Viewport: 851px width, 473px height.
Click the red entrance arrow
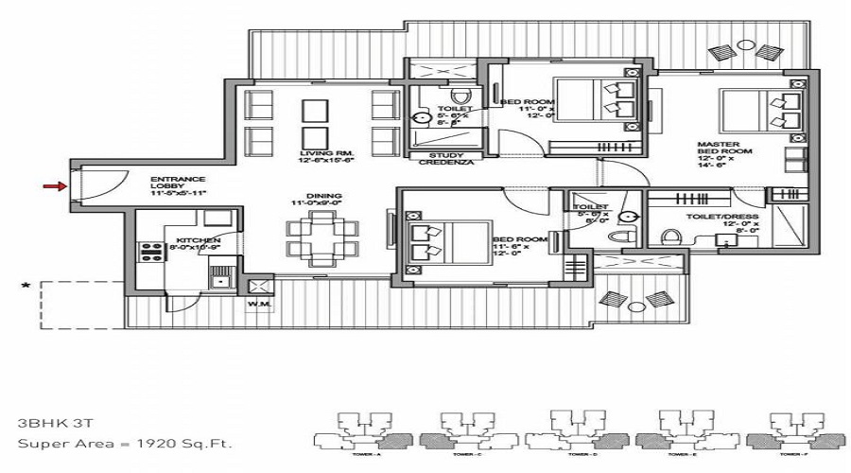pos(54,186)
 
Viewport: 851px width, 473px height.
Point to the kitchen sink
pos(220,277)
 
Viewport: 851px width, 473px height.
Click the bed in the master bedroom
pos(761,111)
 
